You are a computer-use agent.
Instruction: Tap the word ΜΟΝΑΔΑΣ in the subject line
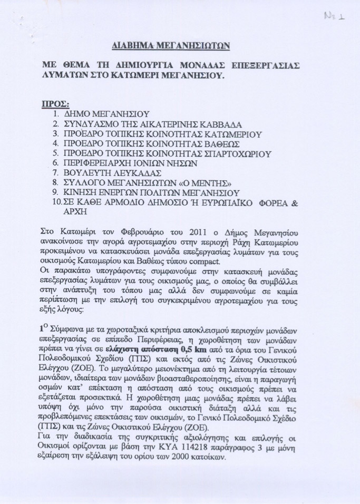click(209, 65)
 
